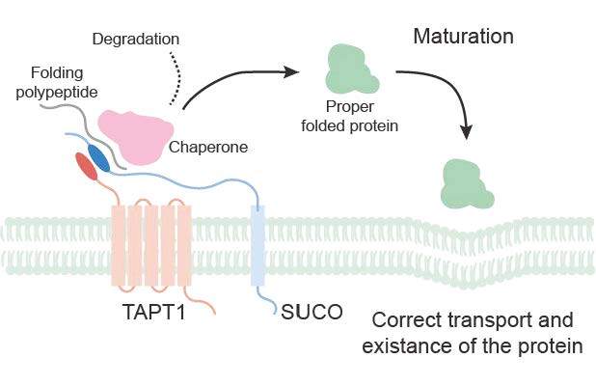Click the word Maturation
463,38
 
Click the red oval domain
87,170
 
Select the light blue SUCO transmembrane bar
257,245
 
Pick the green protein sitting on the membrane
467,185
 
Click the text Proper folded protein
354,115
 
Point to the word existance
402,345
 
